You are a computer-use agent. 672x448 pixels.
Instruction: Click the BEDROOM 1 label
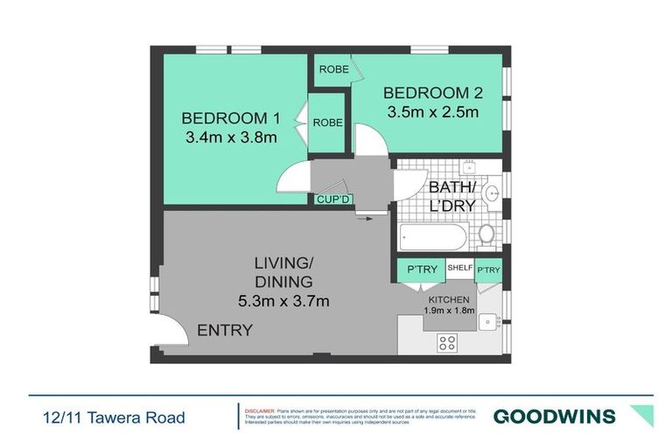231,118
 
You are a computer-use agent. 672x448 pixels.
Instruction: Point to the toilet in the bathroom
487,233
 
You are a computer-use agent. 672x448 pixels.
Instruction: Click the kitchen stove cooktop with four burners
448,343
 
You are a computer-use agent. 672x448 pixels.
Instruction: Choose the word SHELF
460,269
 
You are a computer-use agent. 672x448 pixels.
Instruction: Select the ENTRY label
225,331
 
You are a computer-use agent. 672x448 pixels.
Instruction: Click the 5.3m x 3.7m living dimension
283,302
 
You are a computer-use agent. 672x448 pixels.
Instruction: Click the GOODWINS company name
554,416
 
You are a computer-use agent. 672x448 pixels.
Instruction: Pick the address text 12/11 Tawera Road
114,417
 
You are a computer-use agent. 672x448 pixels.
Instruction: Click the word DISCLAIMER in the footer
260,409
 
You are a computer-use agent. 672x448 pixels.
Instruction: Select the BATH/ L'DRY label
451,196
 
